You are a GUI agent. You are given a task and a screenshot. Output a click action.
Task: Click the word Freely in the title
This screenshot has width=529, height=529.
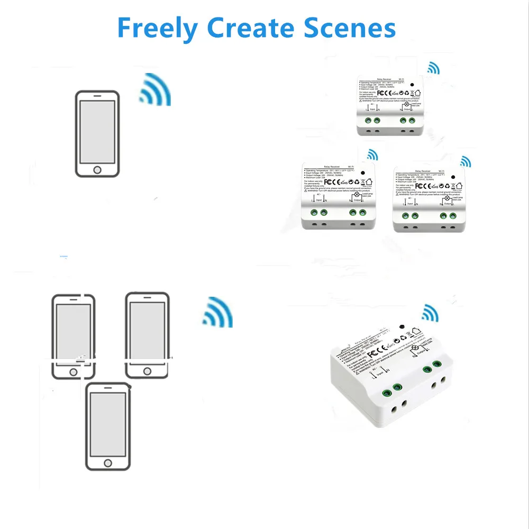pyautogui.click(x=157, y=28)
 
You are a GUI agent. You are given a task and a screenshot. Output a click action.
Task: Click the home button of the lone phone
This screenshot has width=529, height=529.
pyautogui.click(x=97, y=170)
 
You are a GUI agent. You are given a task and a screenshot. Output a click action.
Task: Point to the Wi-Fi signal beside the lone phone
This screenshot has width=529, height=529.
pyautogui.click(x=156, y=90)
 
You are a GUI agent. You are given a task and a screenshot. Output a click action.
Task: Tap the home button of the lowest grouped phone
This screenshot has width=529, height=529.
pyautogui.click(x=108, y=463)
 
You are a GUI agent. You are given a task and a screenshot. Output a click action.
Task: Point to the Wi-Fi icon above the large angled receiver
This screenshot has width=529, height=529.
pyautogui.click(x=430, y=313)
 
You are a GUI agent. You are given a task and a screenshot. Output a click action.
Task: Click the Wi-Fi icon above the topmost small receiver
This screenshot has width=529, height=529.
pyautogui.click(x=434, y=68)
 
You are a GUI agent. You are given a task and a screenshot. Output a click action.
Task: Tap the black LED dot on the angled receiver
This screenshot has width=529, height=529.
pyautogui.click(x=403, y=326)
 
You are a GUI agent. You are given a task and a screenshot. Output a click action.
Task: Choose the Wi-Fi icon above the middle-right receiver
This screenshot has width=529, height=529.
pyautogui.click(x=466, y=161)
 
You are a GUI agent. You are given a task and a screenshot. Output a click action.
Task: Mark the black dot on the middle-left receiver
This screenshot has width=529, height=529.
pyautogui.click(x=363, y=174)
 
